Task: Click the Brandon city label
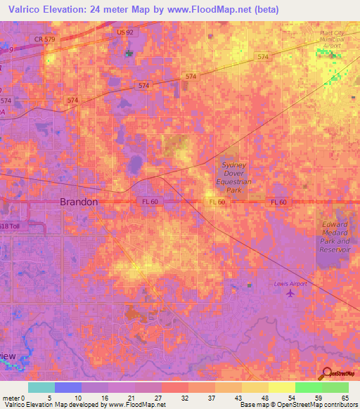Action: [x=78, y=201]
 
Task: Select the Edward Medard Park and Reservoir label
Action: [x=335, y=236]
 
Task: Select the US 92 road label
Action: [x=125, y=32]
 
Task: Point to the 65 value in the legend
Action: [x=345, y=397]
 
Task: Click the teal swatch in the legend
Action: [x=41, y=387]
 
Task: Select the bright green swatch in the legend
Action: [x=308, y=387]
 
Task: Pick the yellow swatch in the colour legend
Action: [x=281, y=387]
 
